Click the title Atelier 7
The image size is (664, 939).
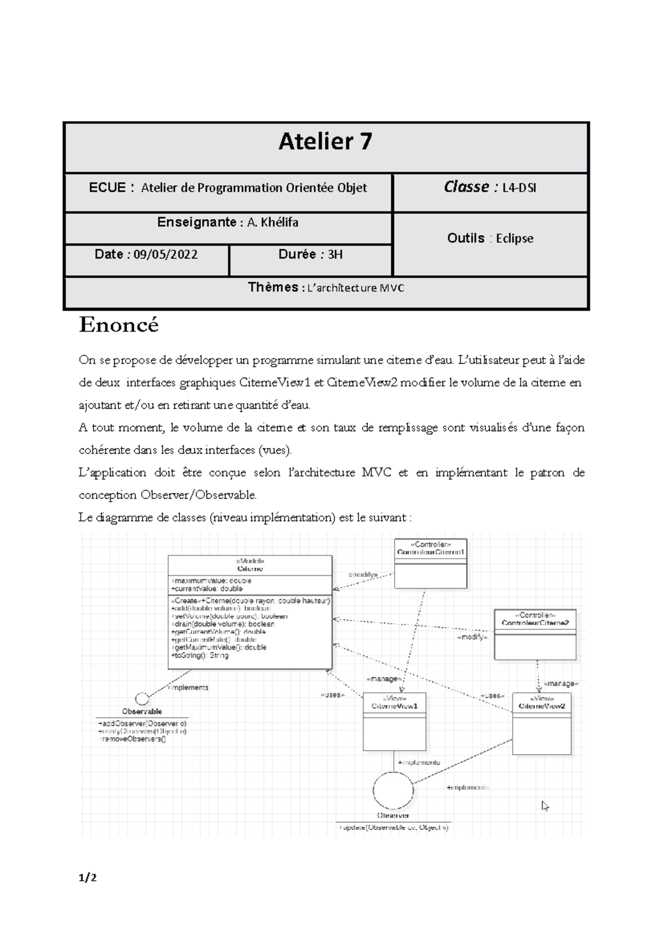(325, 142)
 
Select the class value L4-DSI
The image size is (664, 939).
(518, 188)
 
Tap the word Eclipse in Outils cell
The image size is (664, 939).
(515, 239)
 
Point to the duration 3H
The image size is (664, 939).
(335, 255)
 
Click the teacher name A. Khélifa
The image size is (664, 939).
(273, 223)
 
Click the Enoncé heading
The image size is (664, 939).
(118, 325)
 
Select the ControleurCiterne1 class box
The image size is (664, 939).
(430, 564)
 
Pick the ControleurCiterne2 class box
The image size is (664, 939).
(535, 634)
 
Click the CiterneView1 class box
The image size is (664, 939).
(395, 721)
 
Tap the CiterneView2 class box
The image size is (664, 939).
(541, 724)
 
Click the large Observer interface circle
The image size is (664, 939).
(393, 791)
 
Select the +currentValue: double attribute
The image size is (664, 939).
(207, 589)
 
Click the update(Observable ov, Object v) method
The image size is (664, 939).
(394, 828)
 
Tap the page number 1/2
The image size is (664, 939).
(87, 878)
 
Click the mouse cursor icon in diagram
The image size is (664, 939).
(545, 806)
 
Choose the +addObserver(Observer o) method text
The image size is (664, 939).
(142, 724)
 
